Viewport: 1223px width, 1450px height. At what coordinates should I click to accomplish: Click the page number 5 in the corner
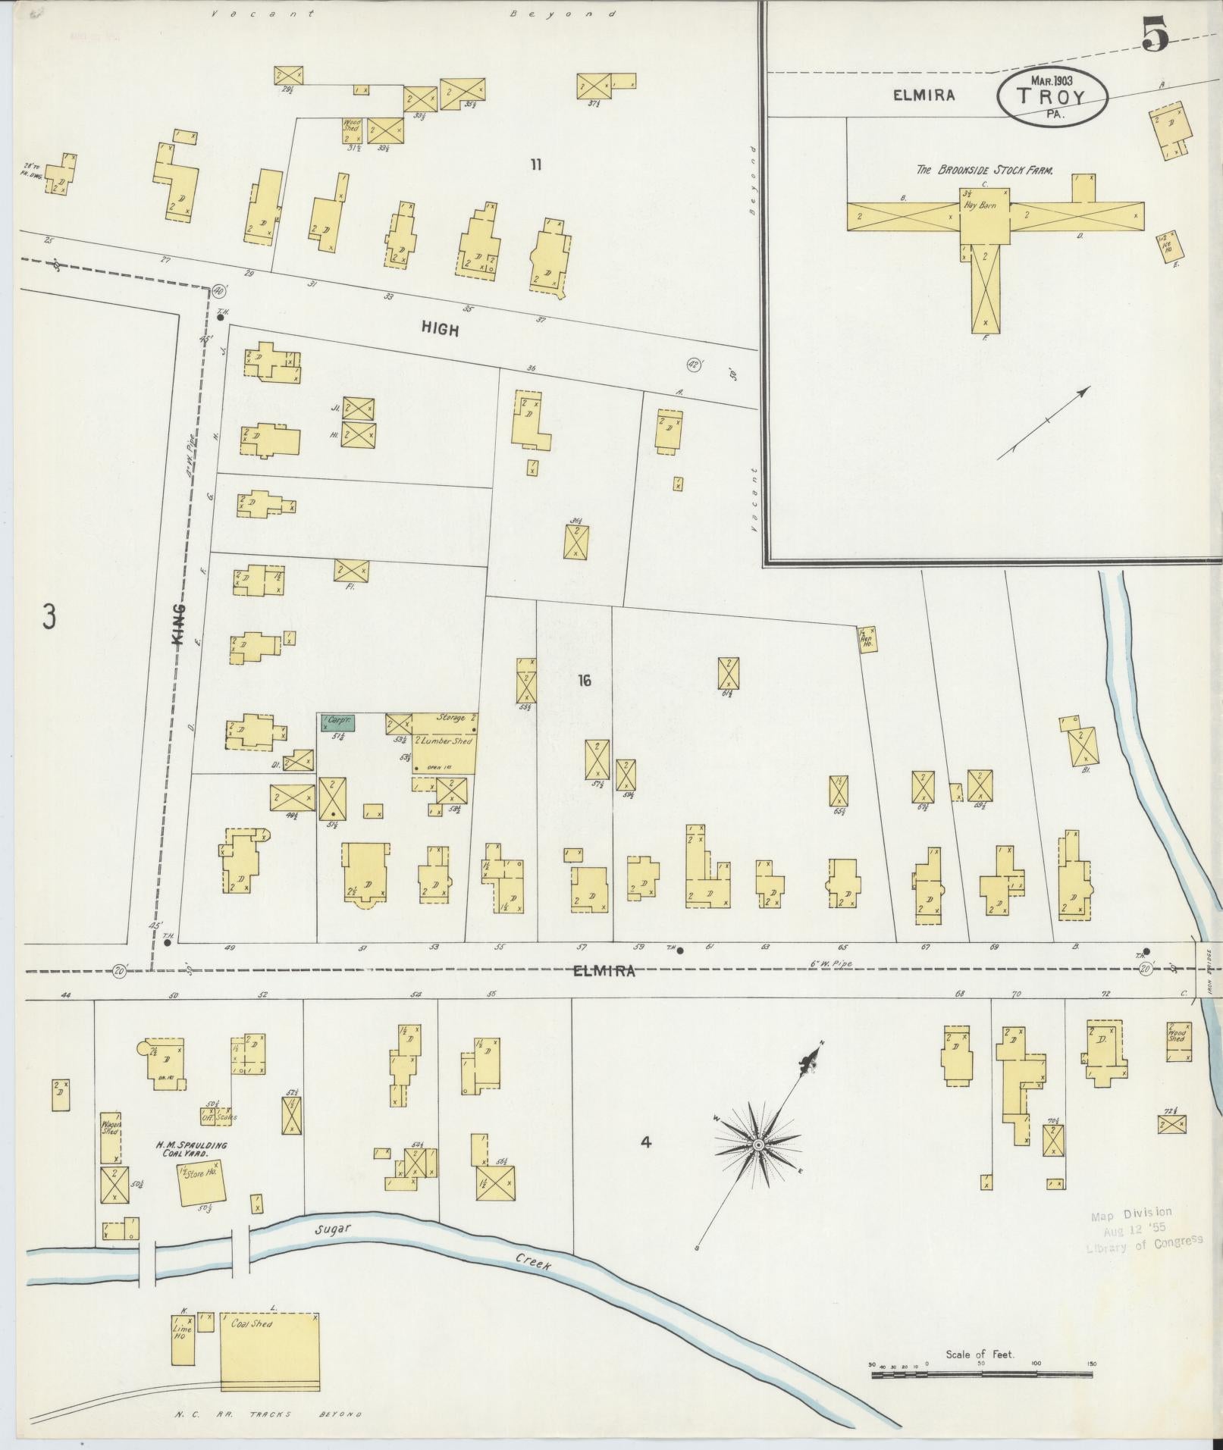tap(1155, 36)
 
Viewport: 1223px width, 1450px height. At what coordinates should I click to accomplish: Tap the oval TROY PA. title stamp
tap(1052, 96)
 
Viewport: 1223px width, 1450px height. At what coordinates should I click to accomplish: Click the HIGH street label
tap(440, 329)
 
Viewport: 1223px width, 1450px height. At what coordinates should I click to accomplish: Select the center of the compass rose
tap(757, 1165)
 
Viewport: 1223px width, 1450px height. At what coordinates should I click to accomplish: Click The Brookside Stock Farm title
tap(984, 171)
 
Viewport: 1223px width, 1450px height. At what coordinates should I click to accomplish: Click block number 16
tap(584, 681)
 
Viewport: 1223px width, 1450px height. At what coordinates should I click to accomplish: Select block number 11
tap(536, 164)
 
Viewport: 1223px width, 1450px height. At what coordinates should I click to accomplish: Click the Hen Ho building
tap(867, 640)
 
